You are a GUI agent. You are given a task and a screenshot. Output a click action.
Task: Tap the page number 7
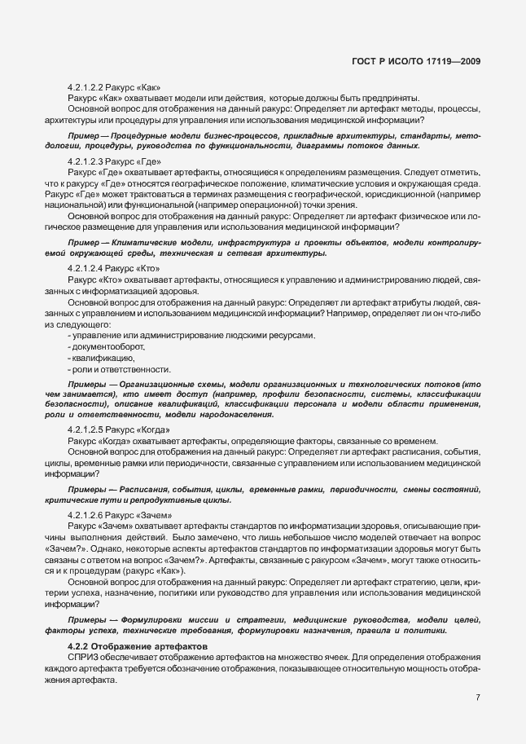click(x=478, y=697)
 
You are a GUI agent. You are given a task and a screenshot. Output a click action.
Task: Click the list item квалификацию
click(x=103, y=358)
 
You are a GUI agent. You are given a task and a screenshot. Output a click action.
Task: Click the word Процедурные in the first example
click(x=134, y=134)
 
